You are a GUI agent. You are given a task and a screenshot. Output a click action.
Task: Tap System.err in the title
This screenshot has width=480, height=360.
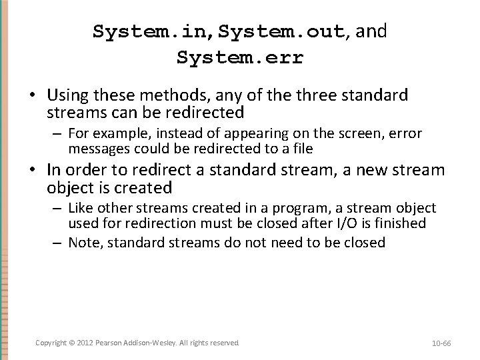click(240, 57)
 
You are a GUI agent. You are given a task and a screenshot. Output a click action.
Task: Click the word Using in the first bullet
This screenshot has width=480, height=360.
click(68, 95)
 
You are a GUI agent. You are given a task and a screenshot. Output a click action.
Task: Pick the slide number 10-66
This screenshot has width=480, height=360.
click(441, 343)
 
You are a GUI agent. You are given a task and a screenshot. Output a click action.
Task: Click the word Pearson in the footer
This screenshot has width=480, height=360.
click(109, 342)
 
